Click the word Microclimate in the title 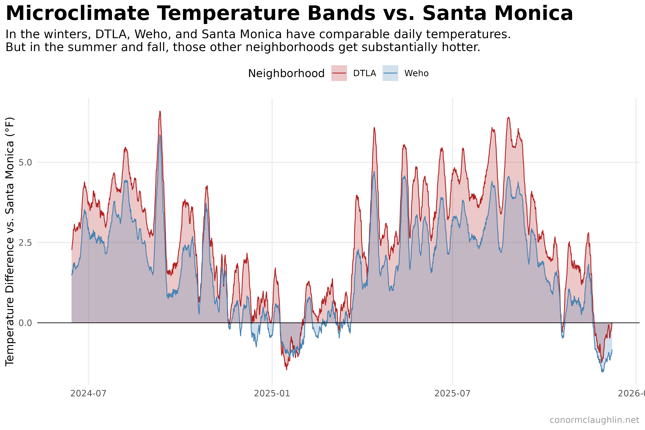click(x=77, y=14)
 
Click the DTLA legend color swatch click(x=339, y=73)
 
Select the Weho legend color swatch click(x=390, y=73)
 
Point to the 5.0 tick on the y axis click(x=25, y=162)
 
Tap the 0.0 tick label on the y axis click(x=25, y=323)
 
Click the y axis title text click(x=10, y=241)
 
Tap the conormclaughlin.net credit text click(x=594, y=420)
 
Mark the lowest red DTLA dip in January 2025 click(x=286, y=369)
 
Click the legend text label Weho click(x=416, y=73)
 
